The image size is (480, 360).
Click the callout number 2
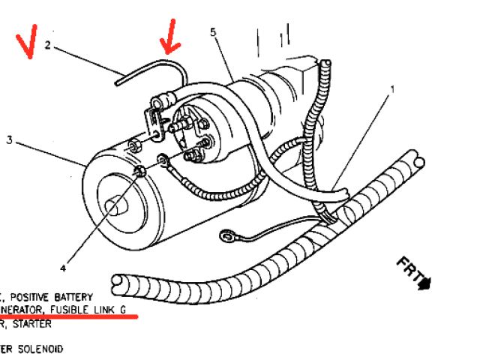46,45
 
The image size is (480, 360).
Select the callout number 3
10,139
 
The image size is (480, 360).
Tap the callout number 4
63,267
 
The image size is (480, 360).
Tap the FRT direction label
408,271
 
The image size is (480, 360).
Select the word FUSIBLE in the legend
70,310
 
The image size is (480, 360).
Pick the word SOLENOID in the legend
37,349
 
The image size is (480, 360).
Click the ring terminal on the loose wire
226,238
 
